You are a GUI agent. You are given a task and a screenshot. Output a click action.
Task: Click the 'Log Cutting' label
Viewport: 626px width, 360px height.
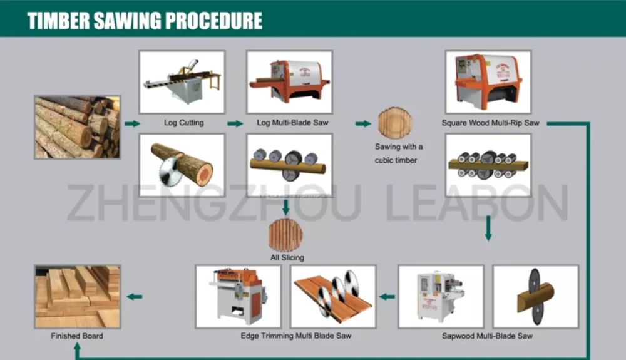pos(183,123)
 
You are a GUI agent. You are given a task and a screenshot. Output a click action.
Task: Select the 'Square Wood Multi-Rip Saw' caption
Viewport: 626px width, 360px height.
pos(490,123)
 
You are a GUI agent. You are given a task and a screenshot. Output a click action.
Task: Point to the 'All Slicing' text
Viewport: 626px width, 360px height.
pos(287,257)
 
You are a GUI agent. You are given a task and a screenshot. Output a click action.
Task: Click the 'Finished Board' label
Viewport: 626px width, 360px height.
pos(77,336)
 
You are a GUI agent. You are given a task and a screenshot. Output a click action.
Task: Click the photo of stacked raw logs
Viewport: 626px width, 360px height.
pos(77,127)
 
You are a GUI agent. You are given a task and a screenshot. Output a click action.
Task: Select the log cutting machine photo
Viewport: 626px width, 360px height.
pos(182,82)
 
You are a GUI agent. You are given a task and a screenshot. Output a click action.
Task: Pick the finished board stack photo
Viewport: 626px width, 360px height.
pos(77,296)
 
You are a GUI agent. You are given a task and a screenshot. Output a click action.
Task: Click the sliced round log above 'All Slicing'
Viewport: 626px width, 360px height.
pos(285,235)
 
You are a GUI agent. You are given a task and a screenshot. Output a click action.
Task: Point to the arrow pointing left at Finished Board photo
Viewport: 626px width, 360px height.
pos(134,297)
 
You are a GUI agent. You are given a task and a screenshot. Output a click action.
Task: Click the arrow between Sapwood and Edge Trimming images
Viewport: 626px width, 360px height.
pos(387,297)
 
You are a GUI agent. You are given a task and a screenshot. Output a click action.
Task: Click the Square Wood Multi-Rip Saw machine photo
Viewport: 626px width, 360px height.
pos(488,82)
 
